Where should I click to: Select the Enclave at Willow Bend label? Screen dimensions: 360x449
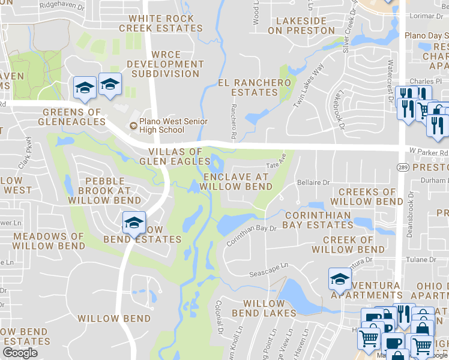[x=237, y=182]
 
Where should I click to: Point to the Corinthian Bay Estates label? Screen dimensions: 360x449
[x=318, y=220]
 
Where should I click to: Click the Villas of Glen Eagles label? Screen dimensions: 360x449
[x=170, y=156]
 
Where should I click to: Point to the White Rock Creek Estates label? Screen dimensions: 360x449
[x=157, y=23]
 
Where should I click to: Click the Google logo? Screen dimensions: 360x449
[x=20, y=353]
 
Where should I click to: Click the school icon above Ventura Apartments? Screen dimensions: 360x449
[x=340, y=279]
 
